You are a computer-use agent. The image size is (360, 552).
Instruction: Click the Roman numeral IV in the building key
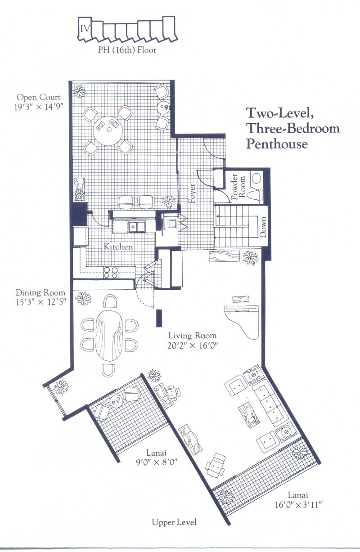(85, 29)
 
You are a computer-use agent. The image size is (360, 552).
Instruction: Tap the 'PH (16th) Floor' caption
(127, 50)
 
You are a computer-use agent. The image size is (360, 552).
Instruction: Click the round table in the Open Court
(108, 130)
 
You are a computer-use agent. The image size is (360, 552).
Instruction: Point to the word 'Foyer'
(192, 193)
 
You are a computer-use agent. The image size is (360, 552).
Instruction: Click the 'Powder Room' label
(238, 186)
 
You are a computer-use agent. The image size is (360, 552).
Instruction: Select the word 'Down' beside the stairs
(263, 227)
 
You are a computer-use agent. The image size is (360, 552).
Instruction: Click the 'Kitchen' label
(118, 247)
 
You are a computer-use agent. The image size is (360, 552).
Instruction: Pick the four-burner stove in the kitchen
(111, 272)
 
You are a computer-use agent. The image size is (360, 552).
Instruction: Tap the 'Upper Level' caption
(174, 522)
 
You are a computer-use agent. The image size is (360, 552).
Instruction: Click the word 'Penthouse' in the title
(277, 144)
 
